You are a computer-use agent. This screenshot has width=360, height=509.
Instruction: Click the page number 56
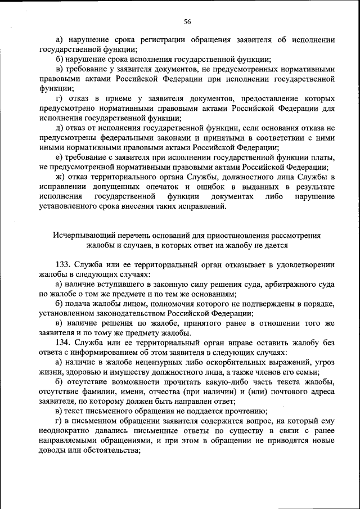coord(187,22)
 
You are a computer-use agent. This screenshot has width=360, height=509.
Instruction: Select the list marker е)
coord(60,157)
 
